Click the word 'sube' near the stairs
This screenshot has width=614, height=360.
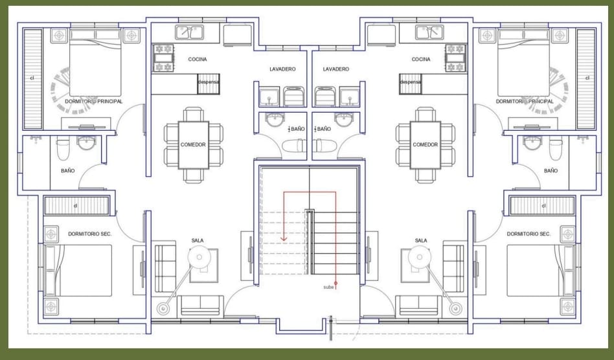tap(328, 287)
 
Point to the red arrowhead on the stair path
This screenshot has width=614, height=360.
tap(284, 238)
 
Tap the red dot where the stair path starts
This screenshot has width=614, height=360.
tap(335, 283)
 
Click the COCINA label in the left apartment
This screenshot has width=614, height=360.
tap(198, 60)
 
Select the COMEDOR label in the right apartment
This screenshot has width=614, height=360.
tap(426, 145)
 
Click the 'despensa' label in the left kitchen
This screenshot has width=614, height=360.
tap(209, 82)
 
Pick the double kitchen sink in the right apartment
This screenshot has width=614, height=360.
tap(429, 32)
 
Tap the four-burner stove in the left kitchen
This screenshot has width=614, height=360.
tap(163, 58)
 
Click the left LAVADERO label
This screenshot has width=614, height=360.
tap(283, 69)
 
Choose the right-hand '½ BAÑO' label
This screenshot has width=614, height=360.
tap(323, 129)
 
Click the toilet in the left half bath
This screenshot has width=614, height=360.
tap(293, 146)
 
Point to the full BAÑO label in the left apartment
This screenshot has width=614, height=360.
tap(68, 171)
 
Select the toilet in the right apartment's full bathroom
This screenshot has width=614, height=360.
tap(555, 148)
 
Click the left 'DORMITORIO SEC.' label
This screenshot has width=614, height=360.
tap(90, 234)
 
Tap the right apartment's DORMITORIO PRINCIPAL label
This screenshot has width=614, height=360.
tap(525, 102)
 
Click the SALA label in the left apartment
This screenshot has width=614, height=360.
tap(198, 241)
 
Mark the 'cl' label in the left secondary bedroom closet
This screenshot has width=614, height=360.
tap(76, 205)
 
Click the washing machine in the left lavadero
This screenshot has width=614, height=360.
tap(294, 96)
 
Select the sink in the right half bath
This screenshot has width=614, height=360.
tap(344, 119)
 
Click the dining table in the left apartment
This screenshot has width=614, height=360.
tap(194, 145)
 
